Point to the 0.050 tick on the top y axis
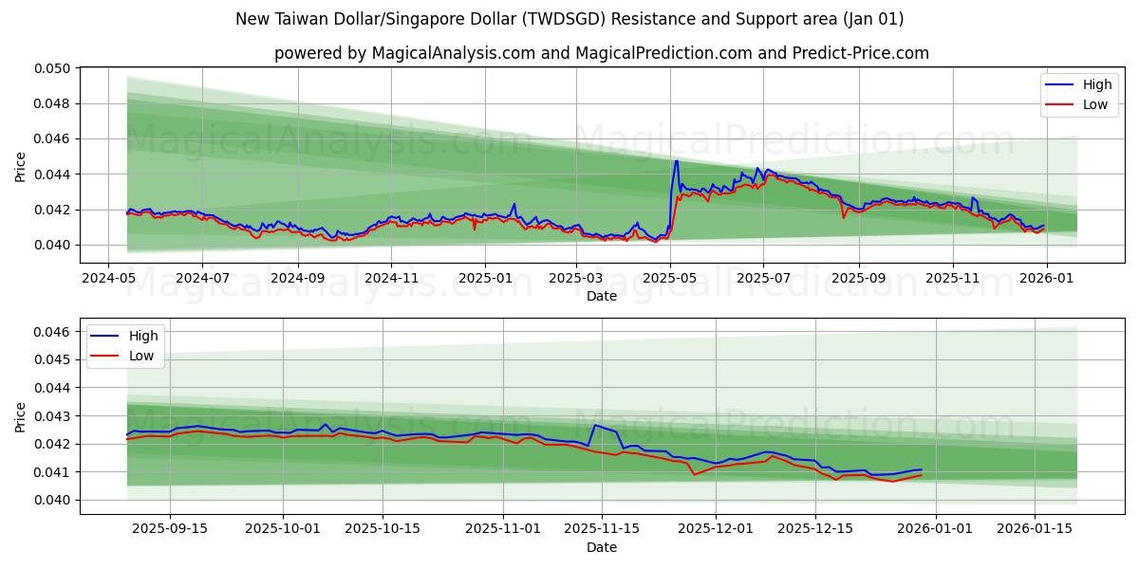(55, 68)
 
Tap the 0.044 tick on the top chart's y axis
(55, 174)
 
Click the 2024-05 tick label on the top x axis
(107, 279)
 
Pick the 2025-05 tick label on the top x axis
(670, 279)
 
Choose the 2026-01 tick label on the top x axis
(1046, 279)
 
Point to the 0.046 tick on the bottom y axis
(55, 332)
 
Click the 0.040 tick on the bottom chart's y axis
(55, 500)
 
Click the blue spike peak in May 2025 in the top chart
(676, 161)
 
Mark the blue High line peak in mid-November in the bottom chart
(594, 425)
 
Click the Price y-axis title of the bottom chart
(21, 416)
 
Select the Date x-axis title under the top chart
(601, 296)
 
